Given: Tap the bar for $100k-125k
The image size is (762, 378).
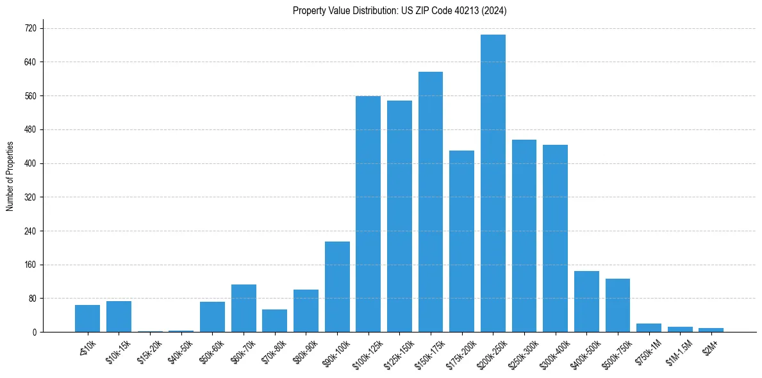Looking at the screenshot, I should (368, 214).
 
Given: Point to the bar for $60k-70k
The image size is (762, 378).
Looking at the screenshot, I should (244, 308).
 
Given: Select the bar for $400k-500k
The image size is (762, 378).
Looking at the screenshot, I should (586, 301).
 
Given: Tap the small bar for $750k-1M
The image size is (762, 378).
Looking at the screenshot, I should (649, 327).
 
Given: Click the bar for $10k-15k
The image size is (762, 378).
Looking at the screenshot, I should (119, 316).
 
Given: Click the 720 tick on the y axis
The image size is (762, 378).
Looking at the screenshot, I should (30, 29).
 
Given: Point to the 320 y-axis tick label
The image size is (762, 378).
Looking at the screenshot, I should (30, 197).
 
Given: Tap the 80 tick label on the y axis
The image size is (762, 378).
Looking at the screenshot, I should (32, 299).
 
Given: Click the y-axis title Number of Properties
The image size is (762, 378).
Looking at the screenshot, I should (10, 176).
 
